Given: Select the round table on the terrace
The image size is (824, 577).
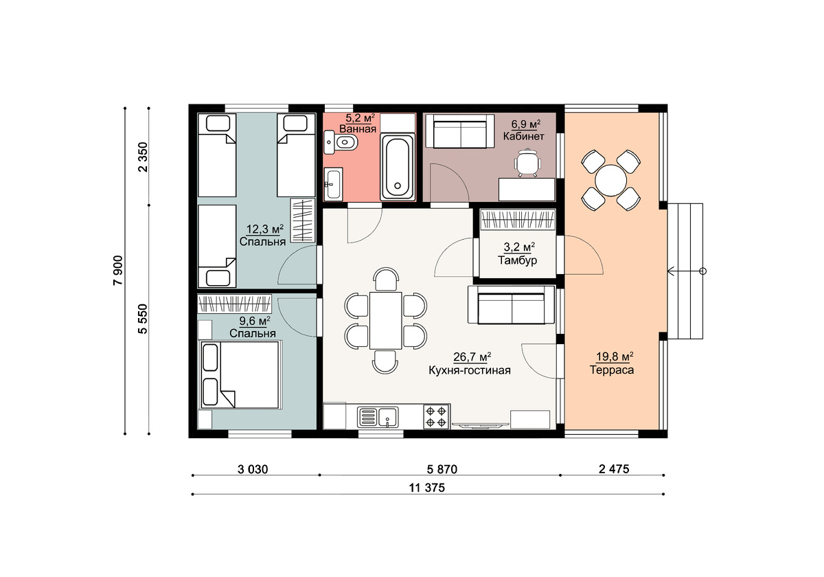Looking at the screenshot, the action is [x=610, y=181].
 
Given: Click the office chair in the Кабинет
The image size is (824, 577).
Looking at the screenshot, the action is [x=528, y=162].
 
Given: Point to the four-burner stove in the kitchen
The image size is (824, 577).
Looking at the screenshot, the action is [x=437, y=416].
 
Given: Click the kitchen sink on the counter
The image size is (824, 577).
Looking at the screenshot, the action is [x=378, y=417].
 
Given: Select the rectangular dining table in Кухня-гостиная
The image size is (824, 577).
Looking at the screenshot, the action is [x=385, y=320].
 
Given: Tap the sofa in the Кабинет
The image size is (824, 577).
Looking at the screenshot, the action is [x=460, y=131].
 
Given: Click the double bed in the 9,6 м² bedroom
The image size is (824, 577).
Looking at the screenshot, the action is [x=240, y=374].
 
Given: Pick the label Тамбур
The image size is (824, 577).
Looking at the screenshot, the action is [x=517, y=260].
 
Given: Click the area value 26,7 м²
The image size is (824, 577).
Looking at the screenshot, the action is [x=472, y=357].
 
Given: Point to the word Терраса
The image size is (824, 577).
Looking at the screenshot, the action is [x=612, y=370].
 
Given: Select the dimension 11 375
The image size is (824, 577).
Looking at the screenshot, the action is [x=426, y=488].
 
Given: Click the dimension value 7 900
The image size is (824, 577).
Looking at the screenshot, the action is [x=118, y=271].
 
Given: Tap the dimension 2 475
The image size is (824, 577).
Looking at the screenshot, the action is [x=614, y=468].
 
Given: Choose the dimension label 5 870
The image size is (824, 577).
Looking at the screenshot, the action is [x=442, y=469].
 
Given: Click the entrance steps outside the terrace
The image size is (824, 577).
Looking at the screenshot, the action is [x=685, y=271].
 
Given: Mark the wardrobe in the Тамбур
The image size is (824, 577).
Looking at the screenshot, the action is [x=518, y=220].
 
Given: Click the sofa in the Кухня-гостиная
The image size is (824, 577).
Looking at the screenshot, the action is [x=511, y=305].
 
